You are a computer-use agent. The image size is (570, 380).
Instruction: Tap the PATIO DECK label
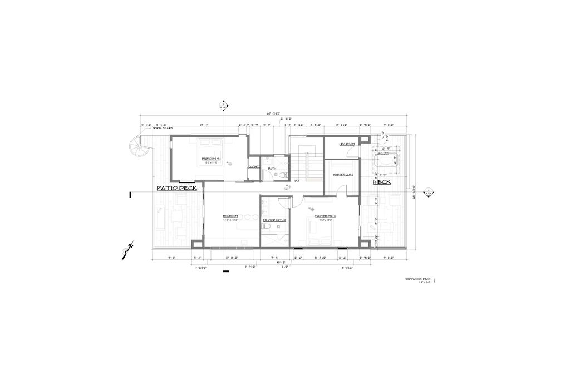point(176,188)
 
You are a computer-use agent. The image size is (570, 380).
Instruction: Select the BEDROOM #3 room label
point(212,159)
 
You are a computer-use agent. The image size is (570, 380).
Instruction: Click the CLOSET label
point(254,166)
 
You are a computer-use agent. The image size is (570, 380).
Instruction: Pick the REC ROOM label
point(230,216)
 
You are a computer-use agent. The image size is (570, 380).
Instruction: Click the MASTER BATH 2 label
point(274,220)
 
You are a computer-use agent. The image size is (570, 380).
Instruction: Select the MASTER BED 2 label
point(325,216)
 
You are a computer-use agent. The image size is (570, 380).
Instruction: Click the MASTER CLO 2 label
point(343,175)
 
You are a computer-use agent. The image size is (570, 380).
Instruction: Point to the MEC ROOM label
point(347,144)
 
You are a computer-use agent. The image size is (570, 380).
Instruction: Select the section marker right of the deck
point(429,193)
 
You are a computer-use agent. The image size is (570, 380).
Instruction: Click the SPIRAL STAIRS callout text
point(159,128)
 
